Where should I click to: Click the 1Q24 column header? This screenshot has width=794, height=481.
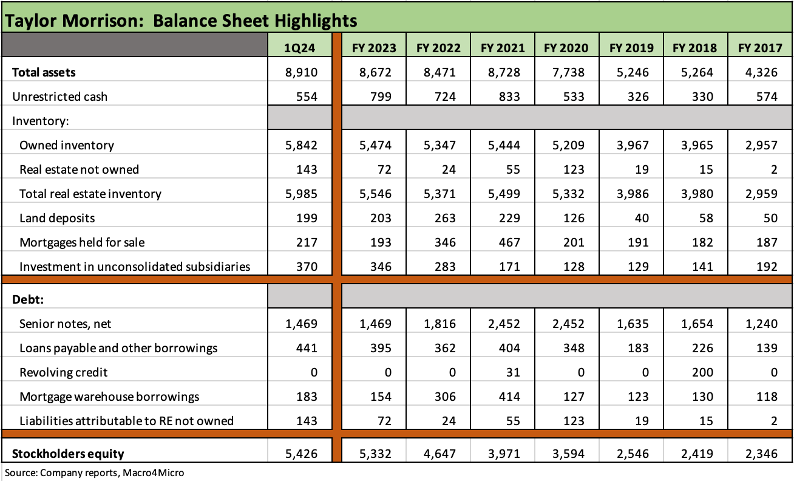tap(300, 47)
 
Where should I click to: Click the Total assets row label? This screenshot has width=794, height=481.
tap(44, 72)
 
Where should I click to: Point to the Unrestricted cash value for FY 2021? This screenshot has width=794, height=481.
tap(508, 97)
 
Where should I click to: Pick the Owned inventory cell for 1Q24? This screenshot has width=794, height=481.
tap(301, 145)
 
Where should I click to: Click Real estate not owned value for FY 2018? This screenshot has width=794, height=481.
tap(705, 169)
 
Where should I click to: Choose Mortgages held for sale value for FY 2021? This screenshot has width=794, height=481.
tap(508, 242)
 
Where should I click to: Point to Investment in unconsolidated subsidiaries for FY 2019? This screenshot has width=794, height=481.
tap(641, 267)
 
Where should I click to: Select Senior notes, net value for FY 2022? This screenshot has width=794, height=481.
tap(439, 324)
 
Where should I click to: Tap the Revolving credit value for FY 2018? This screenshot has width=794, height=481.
tap(705, 372)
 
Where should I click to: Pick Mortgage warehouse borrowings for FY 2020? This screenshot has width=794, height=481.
tap(572, 397)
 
